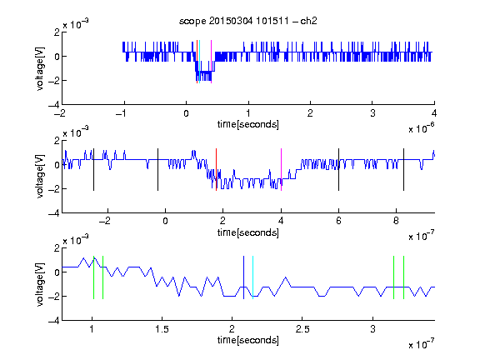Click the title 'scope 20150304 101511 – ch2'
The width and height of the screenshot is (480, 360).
247,21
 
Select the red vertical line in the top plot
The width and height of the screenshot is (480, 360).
197,62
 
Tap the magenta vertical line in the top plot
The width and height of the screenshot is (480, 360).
211,62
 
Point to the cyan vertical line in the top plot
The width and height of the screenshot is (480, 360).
200,62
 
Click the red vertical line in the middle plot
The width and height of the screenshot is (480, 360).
216,170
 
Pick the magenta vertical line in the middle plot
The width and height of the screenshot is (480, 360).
281,170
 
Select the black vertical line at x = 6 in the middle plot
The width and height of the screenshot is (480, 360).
338,170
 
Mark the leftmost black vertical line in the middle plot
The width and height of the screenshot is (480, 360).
93,170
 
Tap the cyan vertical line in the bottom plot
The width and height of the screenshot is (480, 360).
252,277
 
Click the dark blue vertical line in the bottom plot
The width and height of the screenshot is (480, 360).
243,277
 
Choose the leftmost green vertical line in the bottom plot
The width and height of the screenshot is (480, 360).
93,277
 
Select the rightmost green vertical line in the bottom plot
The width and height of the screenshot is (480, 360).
404,277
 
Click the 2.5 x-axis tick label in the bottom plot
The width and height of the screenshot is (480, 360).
302,329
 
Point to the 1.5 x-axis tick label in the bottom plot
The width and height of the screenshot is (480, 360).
162,329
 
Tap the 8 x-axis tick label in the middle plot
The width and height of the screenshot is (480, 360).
396,221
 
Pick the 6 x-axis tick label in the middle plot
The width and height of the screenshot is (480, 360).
338,221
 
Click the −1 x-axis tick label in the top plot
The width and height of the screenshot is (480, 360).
121,113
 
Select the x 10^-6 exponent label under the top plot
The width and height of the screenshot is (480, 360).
422,128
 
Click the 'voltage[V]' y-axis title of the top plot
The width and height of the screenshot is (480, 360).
40,68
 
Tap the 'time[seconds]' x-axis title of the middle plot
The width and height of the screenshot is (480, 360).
248,232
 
